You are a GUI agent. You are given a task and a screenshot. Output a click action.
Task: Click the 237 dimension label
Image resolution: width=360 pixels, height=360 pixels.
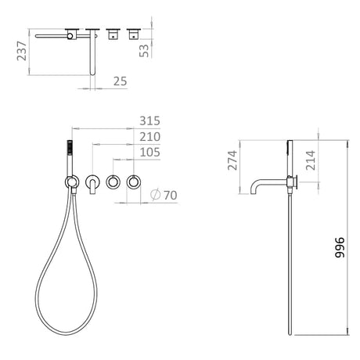point(22,51)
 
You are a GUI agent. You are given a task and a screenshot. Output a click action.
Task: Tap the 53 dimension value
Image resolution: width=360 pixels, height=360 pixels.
point(144,51)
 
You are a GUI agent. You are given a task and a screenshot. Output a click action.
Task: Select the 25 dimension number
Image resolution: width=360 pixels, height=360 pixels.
point(120,81)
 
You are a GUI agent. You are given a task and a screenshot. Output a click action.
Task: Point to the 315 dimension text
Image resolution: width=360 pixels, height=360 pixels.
point(149,121)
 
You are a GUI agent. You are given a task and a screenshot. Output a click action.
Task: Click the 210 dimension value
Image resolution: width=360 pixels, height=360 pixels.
point(149,137)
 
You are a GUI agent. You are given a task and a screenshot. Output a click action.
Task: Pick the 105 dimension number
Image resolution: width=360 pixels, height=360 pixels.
point(149,153)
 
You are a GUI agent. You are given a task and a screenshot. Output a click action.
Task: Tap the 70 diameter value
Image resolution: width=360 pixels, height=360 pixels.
point(171,195)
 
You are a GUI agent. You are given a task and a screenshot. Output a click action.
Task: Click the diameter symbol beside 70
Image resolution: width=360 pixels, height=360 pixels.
point(155,195)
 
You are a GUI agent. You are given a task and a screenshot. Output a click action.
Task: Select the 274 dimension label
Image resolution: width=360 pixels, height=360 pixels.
point(232,160)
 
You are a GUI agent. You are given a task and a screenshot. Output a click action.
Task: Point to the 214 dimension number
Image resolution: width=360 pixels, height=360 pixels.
point(311,160)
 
